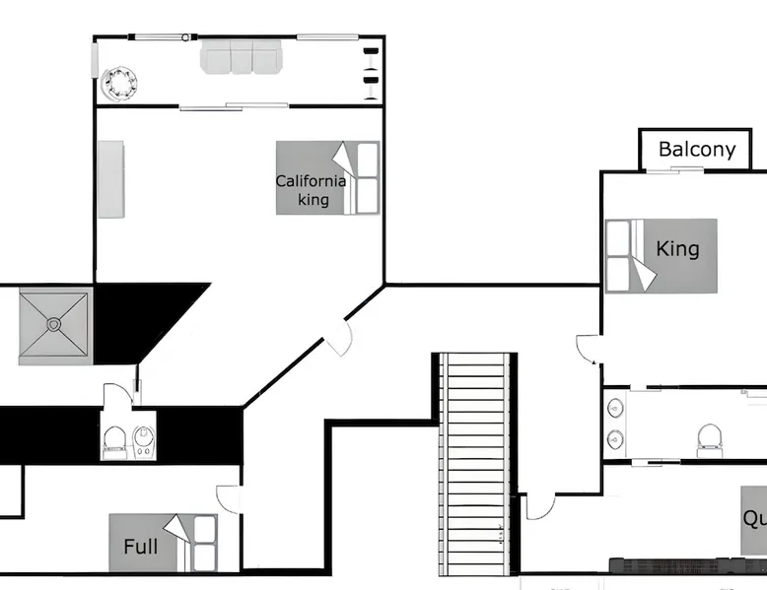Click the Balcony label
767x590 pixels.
(697, 150)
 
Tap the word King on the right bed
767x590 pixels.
(678, 248)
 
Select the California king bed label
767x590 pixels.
(311, 190)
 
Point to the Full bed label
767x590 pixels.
(140, 546)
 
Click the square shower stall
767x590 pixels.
(55, 324)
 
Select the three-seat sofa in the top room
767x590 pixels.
(242, 57)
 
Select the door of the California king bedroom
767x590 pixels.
(339, 338)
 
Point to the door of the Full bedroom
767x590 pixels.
(228, 499)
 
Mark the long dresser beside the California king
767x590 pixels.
(110, 179)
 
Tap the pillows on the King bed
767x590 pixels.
(618, 256)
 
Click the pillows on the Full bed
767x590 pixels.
(205, 544)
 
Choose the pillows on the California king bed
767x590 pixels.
(367, 178)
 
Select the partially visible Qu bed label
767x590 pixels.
(754, 519)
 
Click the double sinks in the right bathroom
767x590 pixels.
(615, 423)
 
